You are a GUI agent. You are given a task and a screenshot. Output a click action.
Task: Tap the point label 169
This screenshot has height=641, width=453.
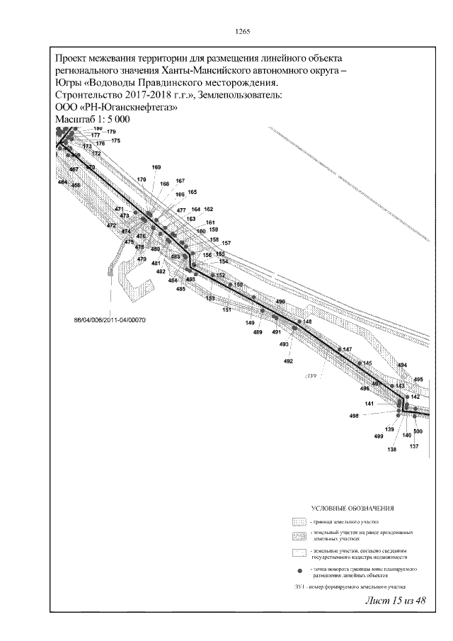[156, 167]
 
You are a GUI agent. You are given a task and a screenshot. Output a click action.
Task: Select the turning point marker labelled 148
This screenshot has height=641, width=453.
[299, 322]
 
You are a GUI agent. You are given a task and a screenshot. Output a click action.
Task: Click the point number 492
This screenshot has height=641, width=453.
[288, 361]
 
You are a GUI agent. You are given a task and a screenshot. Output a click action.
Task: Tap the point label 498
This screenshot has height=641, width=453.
[374, 416]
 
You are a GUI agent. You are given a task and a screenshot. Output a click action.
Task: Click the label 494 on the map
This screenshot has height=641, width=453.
[402, 365]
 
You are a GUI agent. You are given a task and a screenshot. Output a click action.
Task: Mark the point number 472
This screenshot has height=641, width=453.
[111, 225]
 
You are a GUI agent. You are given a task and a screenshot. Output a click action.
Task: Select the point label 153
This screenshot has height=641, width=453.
[210, 298]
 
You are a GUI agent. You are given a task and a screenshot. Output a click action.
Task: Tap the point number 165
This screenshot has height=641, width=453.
[193, 192]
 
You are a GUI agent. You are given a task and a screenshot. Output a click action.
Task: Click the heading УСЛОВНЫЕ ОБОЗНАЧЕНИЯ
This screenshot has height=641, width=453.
[352, 509]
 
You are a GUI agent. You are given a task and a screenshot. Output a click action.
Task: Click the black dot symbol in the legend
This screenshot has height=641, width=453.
[300, 570]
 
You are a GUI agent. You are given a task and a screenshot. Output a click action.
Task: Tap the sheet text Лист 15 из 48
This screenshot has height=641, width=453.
[397, 601]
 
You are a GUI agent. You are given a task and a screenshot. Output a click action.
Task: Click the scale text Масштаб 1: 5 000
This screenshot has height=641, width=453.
[93, 119]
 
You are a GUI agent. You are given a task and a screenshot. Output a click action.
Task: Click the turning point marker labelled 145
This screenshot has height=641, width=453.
[360, 364]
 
